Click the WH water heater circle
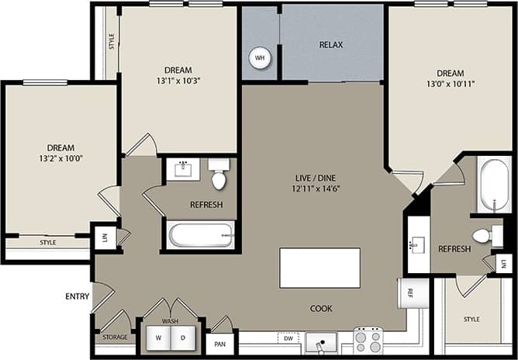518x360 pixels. pyautogui.click(x=260, y=57)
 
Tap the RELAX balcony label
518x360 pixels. pyautogui.click(x=331, y=45)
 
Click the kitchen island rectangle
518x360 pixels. pyautogui.click(x=319, y=268)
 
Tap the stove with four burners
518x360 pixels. pyautogui.click(x=368, y=340)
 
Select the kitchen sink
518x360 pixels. pyautogui.click(x=321, y=341)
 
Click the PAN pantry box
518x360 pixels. pyautogui.click(x=220, y=341)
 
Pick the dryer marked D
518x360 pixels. pyautogui.click(x=184, y=338)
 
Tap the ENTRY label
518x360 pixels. pyautogui.click(x=78, y=296)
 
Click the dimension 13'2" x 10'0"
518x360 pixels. pyautogui.click(x=60, y=158)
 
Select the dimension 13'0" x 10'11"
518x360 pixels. pyautogui.click(x=449, y=83)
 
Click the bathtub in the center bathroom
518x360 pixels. pyautogui.click(x=201, y=235)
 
